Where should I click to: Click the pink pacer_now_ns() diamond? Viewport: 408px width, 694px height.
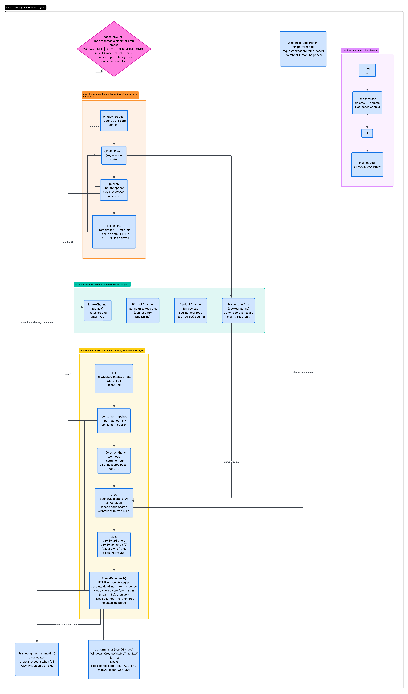coord(114,49)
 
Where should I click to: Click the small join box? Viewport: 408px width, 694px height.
coord(367,133)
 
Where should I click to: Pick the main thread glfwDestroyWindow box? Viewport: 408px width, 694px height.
coord(367,165)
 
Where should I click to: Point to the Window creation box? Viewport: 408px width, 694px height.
coord(114,121)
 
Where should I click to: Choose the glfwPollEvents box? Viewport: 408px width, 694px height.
coord(114,155)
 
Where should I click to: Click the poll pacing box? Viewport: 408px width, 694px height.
coord(114,232)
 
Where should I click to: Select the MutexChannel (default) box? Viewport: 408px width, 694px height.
coord(97,311)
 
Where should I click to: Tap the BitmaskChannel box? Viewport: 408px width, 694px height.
coord(143,311)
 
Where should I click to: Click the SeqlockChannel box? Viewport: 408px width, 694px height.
coord(191,311)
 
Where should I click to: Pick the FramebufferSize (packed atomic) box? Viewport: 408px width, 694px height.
coord(238,311)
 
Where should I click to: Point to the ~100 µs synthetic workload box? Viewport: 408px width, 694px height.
coord(114,460)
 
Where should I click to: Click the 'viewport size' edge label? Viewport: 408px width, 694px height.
coord(231,462)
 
